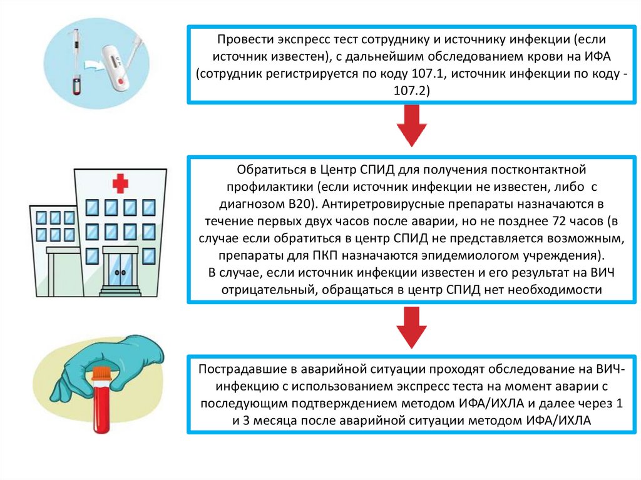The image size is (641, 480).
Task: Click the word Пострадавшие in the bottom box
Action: (x=235, y=368)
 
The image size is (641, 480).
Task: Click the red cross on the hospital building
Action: (x=120, y=183)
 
